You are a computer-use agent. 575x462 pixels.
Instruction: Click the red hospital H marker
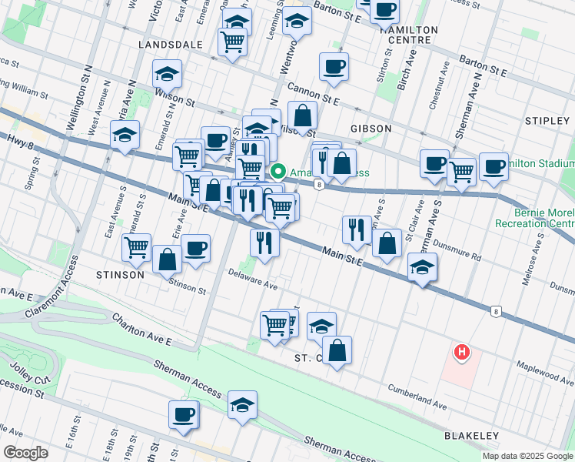[461, 353]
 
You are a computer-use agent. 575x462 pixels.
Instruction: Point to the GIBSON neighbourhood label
[371, 128]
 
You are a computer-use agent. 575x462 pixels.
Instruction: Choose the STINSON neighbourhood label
[119, 274]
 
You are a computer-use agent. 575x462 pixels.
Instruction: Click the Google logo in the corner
[25, 453]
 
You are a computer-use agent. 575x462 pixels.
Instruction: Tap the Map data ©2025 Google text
[527, 456]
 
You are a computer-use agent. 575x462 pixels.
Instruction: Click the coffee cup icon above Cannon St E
[334, 68]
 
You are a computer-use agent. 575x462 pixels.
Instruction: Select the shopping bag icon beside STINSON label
[167, 260]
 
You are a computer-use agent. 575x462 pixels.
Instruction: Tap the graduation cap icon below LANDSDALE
[167, 75]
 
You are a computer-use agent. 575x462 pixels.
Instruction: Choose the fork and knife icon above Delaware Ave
[264, 243]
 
